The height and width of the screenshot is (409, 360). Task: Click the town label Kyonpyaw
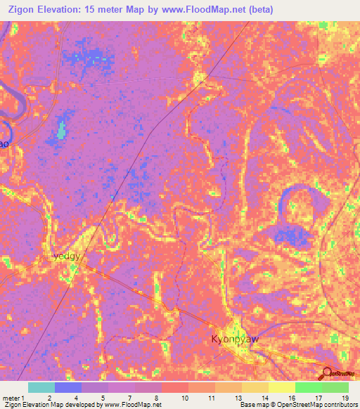236,339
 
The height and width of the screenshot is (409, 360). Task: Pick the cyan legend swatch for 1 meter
41,387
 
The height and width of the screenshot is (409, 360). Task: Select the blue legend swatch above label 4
68,387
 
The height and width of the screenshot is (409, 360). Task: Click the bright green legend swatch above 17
308,387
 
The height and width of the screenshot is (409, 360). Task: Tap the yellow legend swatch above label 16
281,387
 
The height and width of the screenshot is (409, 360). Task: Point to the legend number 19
345,397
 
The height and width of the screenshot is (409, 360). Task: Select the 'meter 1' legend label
13,397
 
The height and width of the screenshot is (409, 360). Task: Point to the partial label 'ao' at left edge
4,143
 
